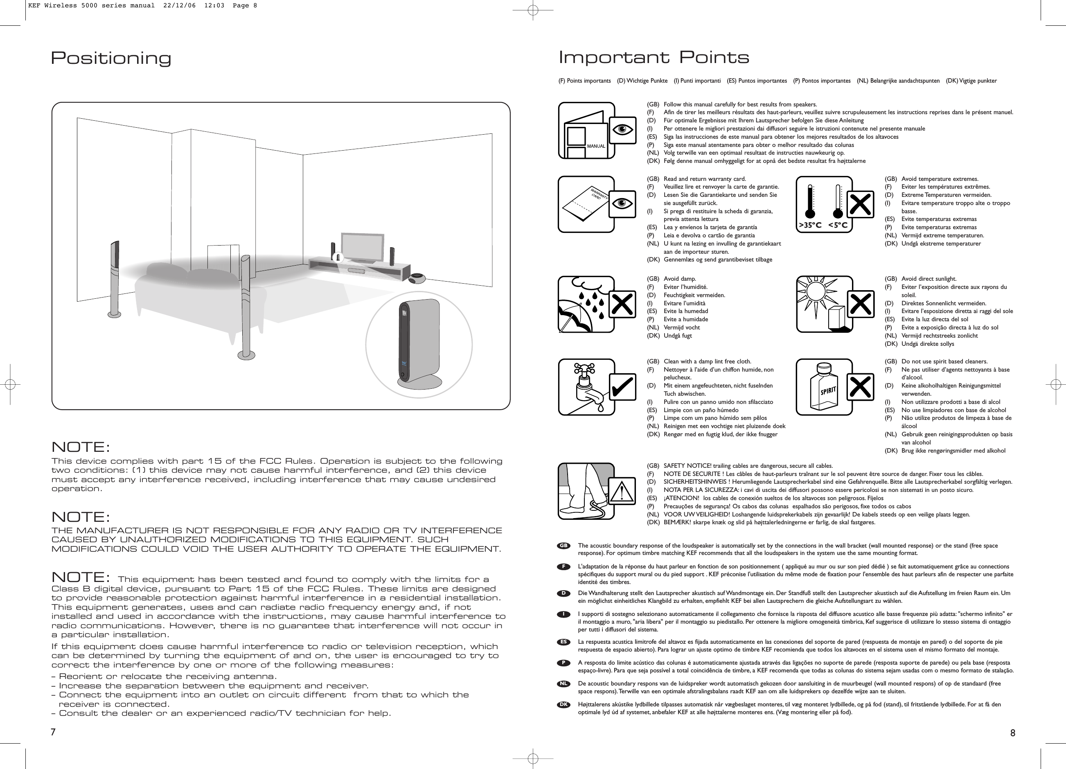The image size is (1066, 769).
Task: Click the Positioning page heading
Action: [111, 58]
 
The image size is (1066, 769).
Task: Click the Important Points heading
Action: [654, 58]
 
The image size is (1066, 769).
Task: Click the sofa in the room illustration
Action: [197, 296]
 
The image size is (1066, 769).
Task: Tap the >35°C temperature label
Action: [810, 225]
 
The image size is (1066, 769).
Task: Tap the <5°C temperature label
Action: [838, 225]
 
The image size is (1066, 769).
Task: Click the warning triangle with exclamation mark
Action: [624, 492]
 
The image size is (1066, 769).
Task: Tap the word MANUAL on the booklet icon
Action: [596, 146]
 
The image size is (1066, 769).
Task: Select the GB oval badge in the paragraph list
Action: [564, 546]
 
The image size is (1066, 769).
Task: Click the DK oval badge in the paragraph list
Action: [564, 705]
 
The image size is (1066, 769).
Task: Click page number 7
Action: [54, 732]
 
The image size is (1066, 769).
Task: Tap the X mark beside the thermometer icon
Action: [860, 205]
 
